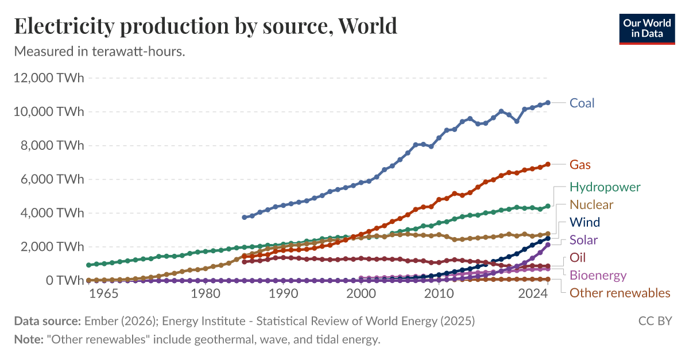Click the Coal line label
click(x=582, y=103)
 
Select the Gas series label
click(x=580, y=165)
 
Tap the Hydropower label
click(x=605, y=187)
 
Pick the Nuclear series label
click(x=591, y=205)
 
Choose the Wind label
click(x=585, y=222)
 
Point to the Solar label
click(x=583, y=240)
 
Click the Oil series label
click(x=578, y=258)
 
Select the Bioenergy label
click(x=598, y=276)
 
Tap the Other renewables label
click(x=620, y=293)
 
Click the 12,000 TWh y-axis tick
click(x=49, y=78)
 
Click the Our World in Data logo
click(x=647, y=28)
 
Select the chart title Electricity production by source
click(x=206, y=26)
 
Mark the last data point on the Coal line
click(x=548, y=103)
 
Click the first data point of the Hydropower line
click(x=88, y=265)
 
